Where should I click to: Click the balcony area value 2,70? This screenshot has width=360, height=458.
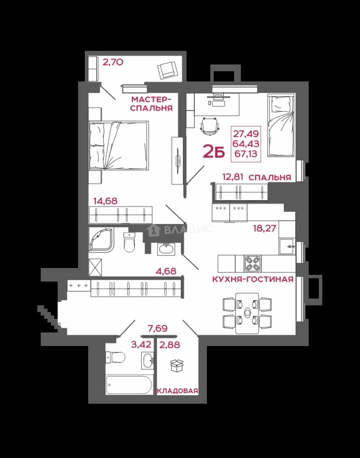point(113,62)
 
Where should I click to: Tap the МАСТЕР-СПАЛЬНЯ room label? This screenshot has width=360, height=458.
point(151,104)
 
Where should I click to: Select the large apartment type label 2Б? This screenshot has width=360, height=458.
point(214,151)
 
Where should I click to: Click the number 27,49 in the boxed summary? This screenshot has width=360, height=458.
point(246,134)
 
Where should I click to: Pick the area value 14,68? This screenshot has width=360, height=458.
point(105,201)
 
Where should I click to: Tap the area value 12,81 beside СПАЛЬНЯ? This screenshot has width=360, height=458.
point(233,177)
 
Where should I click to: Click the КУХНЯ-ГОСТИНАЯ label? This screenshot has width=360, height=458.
point(253,279)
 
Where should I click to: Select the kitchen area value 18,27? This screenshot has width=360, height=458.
point(265,228)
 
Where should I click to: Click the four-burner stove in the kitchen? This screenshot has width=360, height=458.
point(253,264)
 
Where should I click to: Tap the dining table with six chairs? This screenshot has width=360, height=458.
point(247,313)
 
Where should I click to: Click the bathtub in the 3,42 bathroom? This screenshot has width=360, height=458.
point(129,385)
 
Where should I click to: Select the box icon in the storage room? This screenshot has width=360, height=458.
point(177,366)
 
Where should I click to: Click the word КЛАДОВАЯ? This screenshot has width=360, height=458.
point(178,391)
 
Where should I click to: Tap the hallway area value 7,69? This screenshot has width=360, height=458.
point(158,328)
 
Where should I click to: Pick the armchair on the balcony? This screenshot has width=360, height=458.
point(167,70)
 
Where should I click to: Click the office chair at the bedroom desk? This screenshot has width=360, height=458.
point(210,126)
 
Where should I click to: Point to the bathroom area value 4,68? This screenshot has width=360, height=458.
point(166,271)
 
